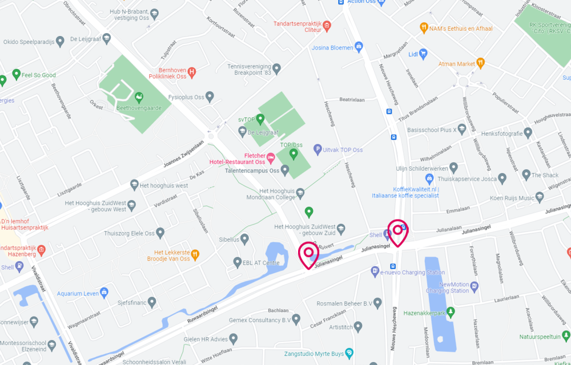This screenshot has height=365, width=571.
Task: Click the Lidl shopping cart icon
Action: click(423, 54)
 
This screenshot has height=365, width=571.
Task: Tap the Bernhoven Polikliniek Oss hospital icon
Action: click(192, 72)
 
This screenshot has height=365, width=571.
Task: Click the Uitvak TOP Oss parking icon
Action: click(318, 150)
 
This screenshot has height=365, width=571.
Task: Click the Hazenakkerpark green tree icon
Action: click(451, 312)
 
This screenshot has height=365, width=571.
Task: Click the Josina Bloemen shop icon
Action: click(359, 47)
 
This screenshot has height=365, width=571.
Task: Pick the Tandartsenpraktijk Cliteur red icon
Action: click(327, 26)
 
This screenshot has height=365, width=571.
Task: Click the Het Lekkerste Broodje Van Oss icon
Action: click(195, 254)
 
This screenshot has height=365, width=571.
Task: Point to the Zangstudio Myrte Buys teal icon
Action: click(349, 354)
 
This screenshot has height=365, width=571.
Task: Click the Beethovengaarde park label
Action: click(138, 107)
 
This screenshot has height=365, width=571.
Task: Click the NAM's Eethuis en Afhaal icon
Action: click(423, 27)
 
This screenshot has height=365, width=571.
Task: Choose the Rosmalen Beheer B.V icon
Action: click(377, 303)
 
